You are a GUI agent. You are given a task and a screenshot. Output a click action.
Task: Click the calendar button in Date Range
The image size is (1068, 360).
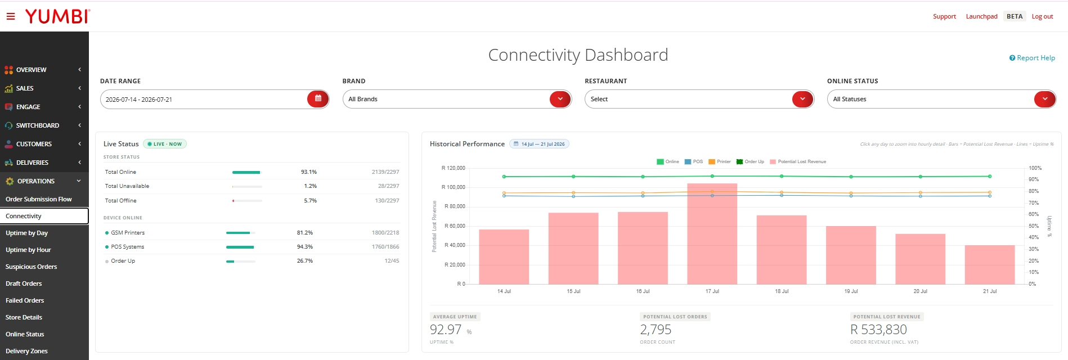(318, 99)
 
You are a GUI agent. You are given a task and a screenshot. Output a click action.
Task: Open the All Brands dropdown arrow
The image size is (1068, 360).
(560, 99)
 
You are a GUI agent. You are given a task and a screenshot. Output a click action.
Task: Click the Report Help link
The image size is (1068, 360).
(1032, 58)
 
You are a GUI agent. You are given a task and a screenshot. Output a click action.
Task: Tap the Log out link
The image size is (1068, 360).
(1042, 16)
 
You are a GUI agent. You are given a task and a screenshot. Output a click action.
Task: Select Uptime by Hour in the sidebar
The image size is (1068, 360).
(28, 250)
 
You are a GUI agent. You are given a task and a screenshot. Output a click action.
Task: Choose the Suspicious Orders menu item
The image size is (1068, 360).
(32, 267)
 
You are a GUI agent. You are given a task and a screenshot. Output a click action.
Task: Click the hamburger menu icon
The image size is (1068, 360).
(11, 16)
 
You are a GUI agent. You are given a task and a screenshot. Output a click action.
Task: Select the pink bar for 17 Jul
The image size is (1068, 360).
(712, 233)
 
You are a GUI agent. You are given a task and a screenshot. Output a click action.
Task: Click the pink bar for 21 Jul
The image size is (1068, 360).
(990, 264)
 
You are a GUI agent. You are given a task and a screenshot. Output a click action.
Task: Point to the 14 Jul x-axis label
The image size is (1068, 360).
(504, 291)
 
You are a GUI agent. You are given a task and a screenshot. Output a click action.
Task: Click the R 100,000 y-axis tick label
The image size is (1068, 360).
(454, 187)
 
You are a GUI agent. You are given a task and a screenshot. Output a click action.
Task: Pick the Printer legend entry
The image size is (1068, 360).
(720, 161)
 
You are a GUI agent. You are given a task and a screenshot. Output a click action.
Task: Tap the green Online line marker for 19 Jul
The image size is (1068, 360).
(851, 177)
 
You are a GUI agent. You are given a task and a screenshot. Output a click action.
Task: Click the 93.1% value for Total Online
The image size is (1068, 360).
(309, 172)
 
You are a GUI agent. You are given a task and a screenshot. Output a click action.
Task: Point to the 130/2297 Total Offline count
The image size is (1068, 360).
(387, 201)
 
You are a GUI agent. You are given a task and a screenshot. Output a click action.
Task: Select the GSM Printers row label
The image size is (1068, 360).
(128, 233)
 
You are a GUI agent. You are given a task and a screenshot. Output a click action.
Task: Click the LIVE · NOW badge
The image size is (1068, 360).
(165, 144)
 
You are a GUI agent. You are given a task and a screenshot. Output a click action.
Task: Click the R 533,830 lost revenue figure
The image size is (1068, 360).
(878, 330)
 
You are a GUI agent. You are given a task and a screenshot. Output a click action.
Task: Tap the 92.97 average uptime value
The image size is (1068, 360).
(446, 330)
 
